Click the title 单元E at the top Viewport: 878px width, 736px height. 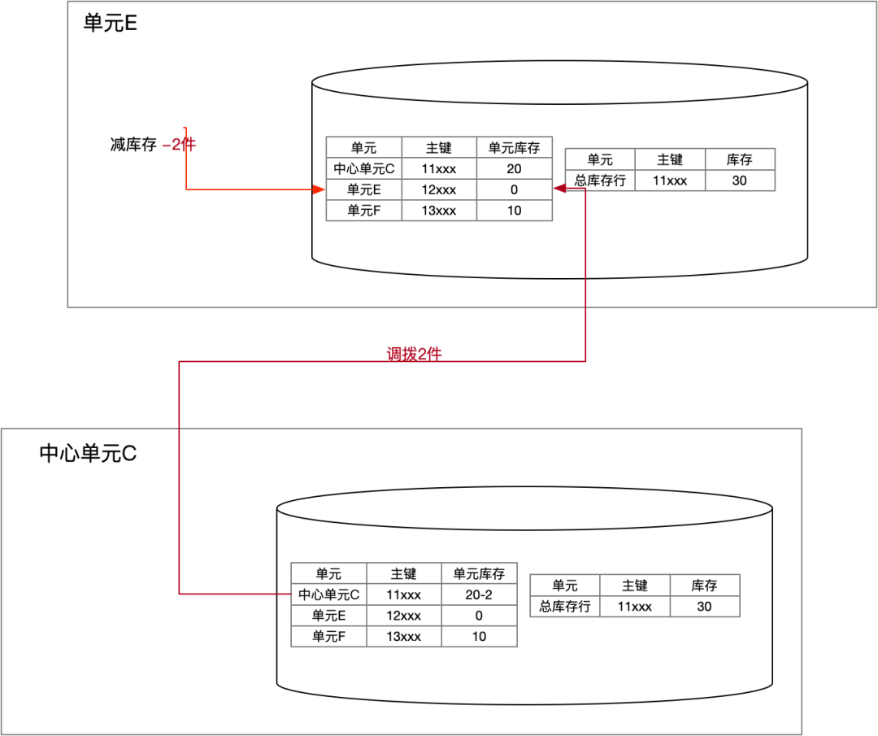pyautogui.click(x=110, y=23)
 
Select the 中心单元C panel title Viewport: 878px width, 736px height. pyautogui.click(x=88, y=453)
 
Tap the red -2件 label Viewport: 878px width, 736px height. pyautogui.click(x=180, y=145)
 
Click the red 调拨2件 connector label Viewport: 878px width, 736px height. pyautogui.click(x=414, y=354)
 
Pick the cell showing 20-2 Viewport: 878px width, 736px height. pyautogui.click(x=479, y=594)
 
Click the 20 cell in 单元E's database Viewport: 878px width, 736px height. pyautogui.click(x=514, y=169)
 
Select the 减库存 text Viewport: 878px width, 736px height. pyautogui.click(x=133, y=146)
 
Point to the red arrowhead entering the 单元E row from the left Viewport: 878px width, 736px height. pyautogui.click(x=319, y=189)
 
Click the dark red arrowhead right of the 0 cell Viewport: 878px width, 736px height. pyautogui.click(x=559, y=189)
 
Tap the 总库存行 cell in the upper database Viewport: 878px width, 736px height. pyautogui.click(x=600, y=181)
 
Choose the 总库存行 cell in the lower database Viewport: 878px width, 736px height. pyautogui.click(x=565, y=607)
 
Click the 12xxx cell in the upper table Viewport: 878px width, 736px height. pyautogui.click(x=439, y=189)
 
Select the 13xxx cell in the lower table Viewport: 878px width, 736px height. pyautogui.click(x=404, y=637)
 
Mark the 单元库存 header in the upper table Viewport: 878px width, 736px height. pyautogui.click(x=514, y=148)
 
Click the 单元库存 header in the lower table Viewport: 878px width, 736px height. pyautogui.click(x=479, y=573)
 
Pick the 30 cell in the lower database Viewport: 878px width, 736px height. pyautogui.click(x=704, y=607)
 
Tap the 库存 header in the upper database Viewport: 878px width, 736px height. pyautogui.click(x=739, y=159)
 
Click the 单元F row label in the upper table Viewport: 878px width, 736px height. pyautogui.click(x=363, y=211)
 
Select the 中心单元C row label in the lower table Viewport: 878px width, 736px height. pyautogui.click(x=328, y=594)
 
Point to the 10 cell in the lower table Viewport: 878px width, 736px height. pyautogui.click(x=479, y=637)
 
